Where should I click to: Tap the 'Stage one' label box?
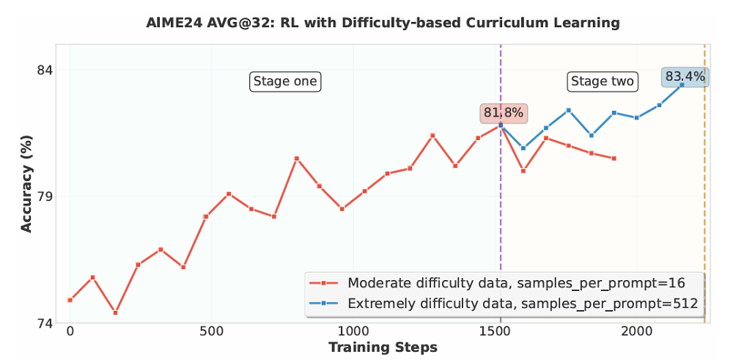point(286,81)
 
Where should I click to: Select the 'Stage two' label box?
point(603,81)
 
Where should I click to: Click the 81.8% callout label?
point(503,113)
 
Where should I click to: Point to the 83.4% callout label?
point(685,76)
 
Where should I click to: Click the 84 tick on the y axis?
point(45,70)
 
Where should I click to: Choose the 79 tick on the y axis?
point(45,196)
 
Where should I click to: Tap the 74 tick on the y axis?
point(45,323)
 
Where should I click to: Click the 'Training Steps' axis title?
point(383,347)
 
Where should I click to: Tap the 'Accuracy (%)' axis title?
point(26,183)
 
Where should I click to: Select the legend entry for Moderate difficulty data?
point(506,283)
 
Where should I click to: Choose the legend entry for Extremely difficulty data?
point(506,303)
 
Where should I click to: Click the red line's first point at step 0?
point(70,300)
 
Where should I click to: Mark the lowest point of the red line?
point(115,313)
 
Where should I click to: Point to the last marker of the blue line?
point(682,85)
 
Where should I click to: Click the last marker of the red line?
point(614,158)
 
